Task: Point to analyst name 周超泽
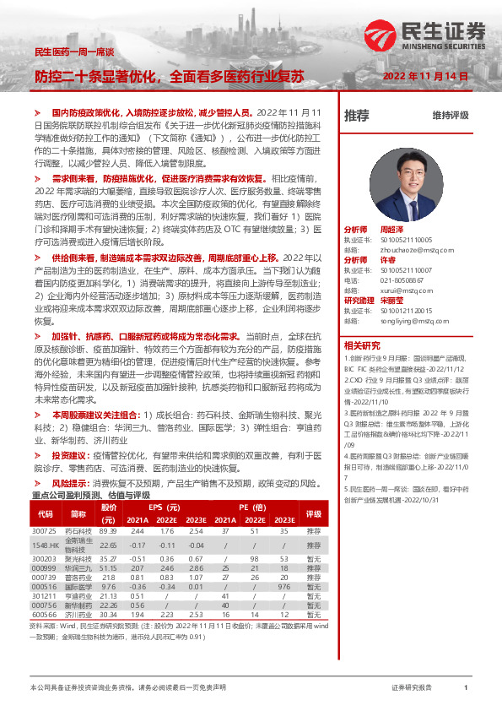tap(393, 230)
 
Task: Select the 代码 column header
tap(45, 514)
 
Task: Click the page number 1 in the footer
tap(466, 688)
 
